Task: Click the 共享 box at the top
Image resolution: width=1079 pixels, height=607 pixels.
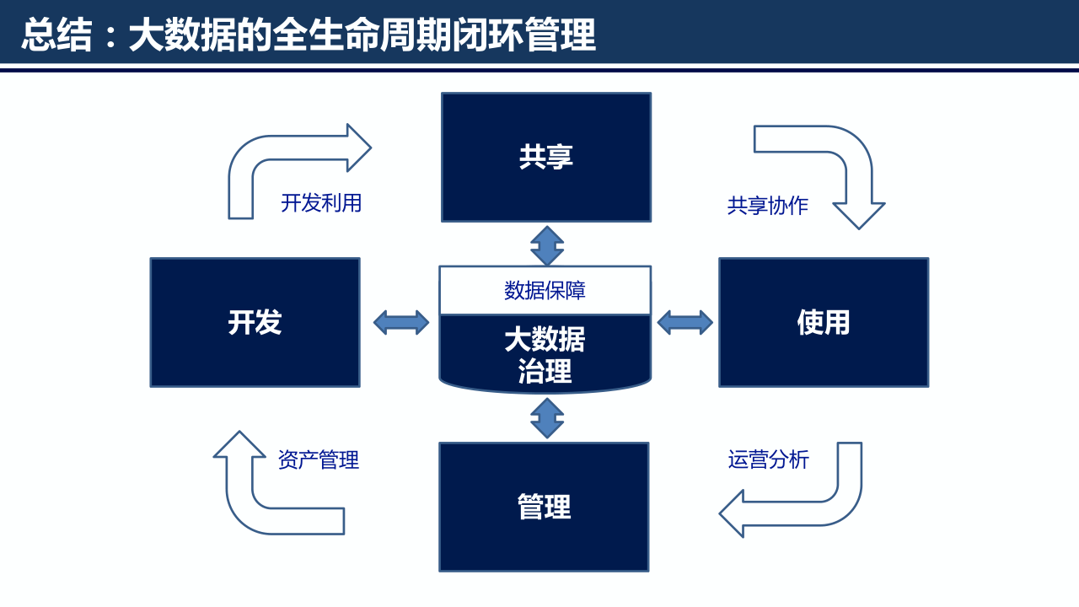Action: click(546, 157)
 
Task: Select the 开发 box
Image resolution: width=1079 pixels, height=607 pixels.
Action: click(255, 322)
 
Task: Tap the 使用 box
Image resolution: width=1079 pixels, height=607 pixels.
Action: click(823, 322)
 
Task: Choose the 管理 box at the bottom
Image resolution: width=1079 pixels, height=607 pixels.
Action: click(544, 507)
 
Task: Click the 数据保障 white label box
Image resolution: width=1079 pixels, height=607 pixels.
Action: click(545, 291)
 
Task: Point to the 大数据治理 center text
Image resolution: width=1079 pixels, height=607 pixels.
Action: click(545, 355)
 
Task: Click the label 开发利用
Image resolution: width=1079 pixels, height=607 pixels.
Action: click(321, 203)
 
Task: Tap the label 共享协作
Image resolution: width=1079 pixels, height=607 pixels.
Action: click(767, 206)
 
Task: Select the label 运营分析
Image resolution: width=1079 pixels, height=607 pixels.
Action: click(768, 459)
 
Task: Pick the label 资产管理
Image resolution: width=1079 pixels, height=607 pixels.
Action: click(319, 460)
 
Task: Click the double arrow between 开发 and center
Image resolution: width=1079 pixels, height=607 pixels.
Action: click(401, 322)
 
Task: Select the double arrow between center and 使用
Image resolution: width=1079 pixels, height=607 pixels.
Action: click(684, 322)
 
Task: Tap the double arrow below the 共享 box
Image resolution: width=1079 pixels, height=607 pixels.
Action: click(547, 245)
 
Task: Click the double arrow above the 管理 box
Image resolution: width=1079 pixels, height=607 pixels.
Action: click(547, 418)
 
